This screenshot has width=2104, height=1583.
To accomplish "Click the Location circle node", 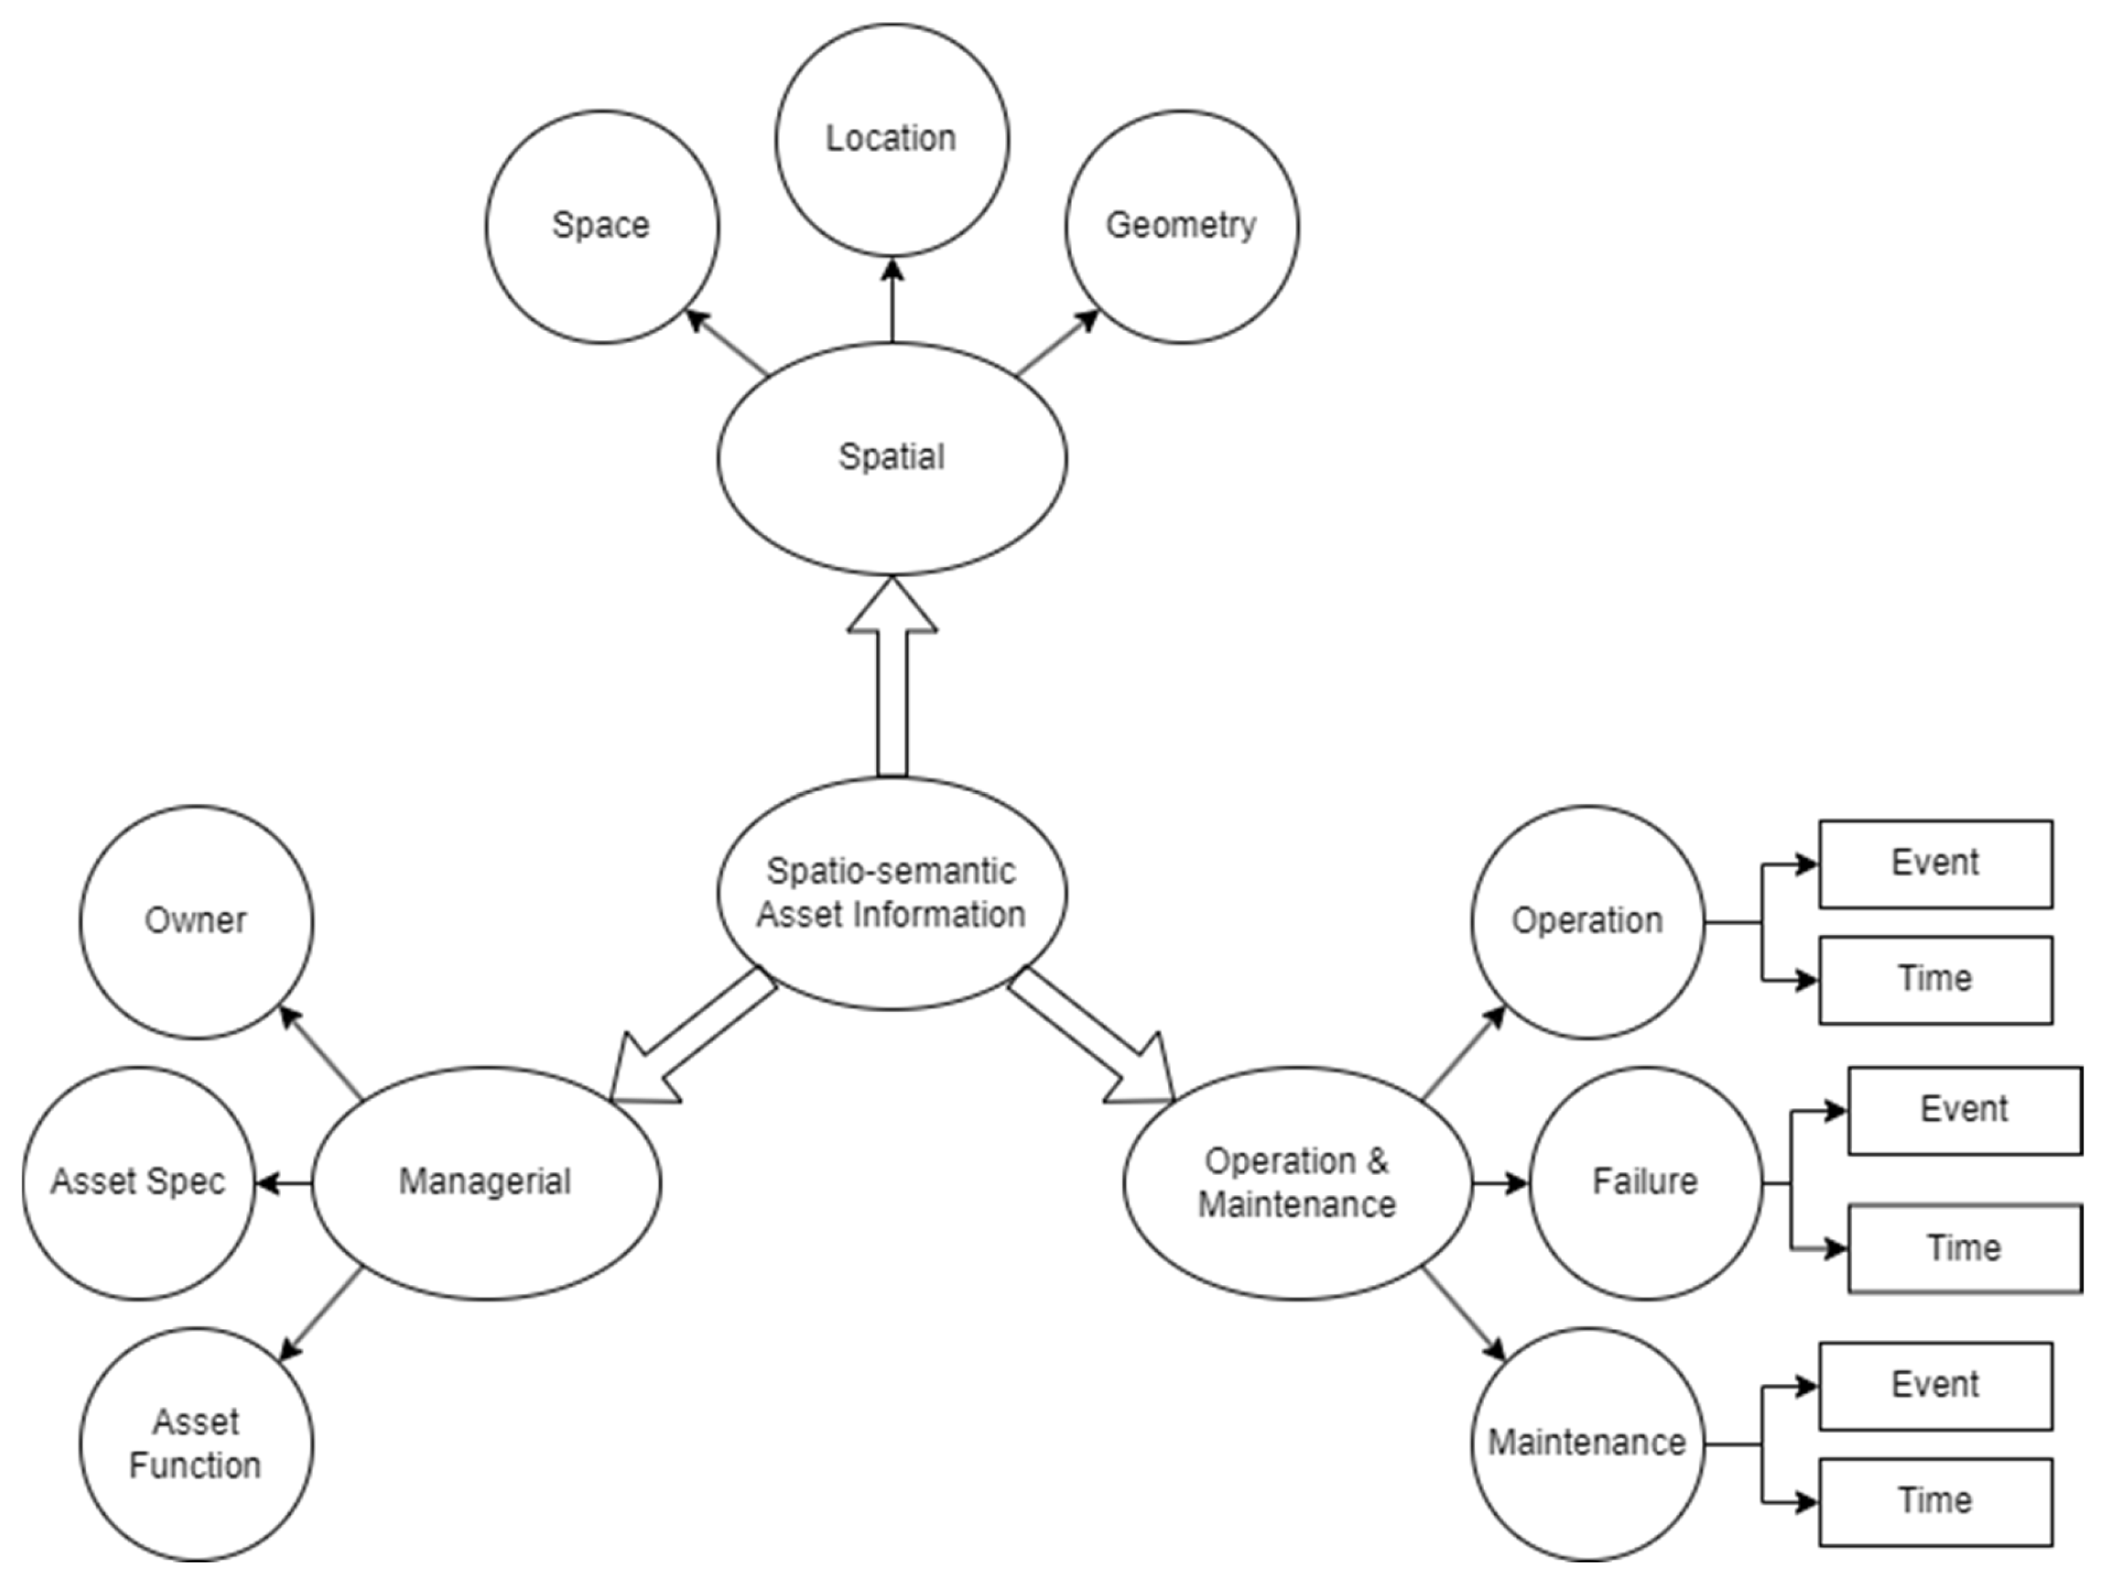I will [891, 140].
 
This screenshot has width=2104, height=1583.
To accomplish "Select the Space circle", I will [601, 226].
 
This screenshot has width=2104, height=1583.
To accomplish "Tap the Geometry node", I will [1181, 226].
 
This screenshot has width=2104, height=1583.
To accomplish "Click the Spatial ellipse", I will [891, 458].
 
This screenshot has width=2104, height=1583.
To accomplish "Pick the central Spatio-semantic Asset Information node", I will [891, 893].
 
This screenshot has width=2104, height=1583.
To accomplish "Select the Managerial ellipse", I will [485, 1183].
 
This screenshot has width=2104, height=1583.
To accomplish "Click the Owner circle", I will [196, 921].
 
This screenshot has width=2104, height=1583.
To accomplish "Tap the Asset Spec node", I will [139, 1183].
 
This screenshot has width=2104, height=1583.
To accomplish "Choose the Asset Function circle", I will [196, 1443].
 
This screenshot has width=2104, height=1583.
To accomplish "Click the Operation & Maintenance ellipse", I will [1298, 1183].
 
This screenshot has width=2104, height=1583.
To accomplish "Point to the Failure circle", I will [1645, 1183].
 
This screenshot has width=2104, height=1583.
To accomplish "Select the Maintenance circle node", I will [1587, 1443].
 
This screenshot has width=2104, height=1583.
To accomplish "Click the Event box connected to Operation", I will [1935, 863].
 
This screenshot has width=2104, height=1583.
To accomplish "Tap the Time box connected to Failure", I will [1964, 1248].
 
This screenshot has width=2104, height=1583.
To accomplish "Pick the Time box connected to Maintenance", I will [1935, 1501].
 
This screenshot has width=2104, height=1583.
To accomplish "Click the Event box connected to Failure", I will [1964, 1109].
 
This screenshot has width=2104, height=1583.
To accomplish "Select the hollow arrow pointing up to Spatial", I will [891, 680].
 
